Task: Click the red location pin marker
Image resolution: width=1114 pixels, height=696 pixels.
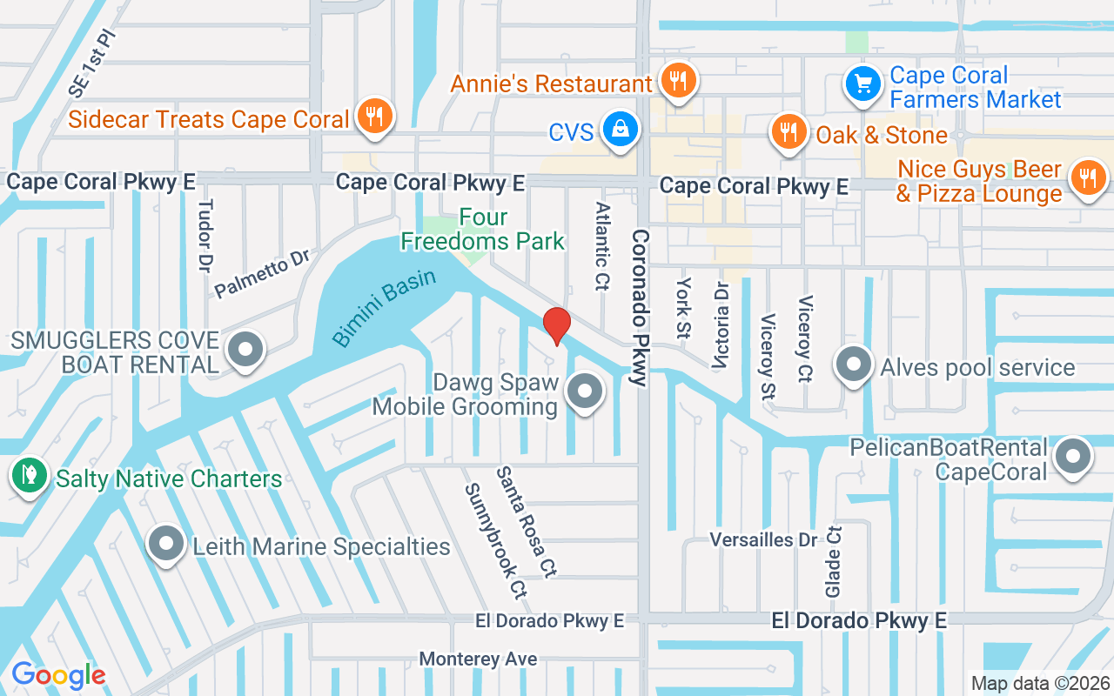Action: tap(556, 325)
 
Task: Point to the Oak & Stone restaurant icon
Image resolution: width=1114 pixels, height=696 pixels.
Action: tap(789, 132)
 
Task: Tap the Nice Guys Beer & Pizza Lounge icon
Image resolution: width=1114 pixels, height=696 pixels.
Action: tap(1087, 178)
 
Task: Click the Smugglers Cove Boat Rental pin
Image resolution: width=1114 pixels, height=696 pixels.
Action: tap(245, 350)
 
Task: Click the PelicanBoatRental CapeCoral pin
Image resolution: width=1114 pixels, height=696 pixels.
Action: tap(1073, 456)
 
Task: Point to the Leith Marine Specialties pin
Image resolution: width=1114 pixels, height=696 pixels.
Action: tap(165, 545)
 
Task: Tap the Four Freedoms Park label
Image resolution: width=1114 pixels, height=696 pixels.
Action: tap(483, 229)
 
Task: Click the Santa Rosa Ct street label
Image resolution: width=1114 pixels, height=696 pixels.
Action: tap(526, 522)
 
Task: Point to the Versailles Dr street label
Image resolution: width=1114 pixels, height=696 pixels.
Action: tap(763, 540)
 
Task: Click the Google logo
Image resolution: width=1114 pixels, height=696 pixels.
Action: tap(58, 674)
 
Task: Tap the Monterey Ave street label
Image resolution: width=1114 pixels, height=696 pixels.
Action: tap(478, 659)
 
